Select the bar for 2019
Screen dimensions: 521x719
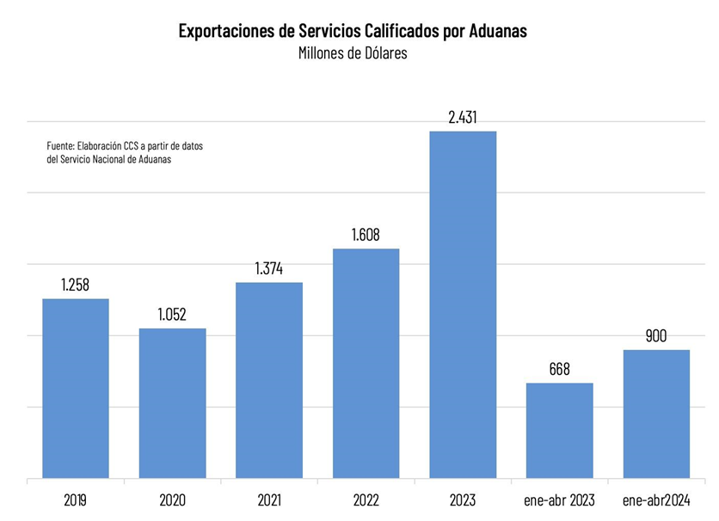(76, 388)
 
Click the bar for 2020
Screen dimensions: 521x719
(173, 402)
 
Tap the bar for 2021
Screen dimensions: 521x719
(269, 379)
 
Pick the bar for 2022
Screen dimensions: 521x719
(366, 363)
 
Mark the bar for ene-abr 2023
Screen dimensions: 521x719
(560, 430)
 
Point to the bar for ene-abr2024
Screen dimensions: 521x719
(656, 414)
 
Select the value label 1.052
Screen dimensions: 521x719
(172, 315)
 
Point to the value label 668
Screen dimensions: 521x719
(560, 369)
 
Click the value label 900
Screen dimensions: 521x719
(656, 336)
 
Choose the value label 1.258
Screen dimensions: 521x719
(76, 285)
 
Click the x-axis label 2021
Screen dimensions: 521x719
(269, 500)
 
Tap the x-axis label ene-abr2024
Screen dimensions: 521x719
(656, 500)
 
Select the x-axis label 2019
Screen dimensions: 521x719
(76, 500)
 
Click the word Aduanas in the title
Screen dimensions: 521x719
(498, 31)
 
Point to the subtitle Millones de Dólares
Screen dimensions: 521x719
(353, 53)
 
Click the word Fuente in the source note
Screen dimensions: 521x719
(59, 146)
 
